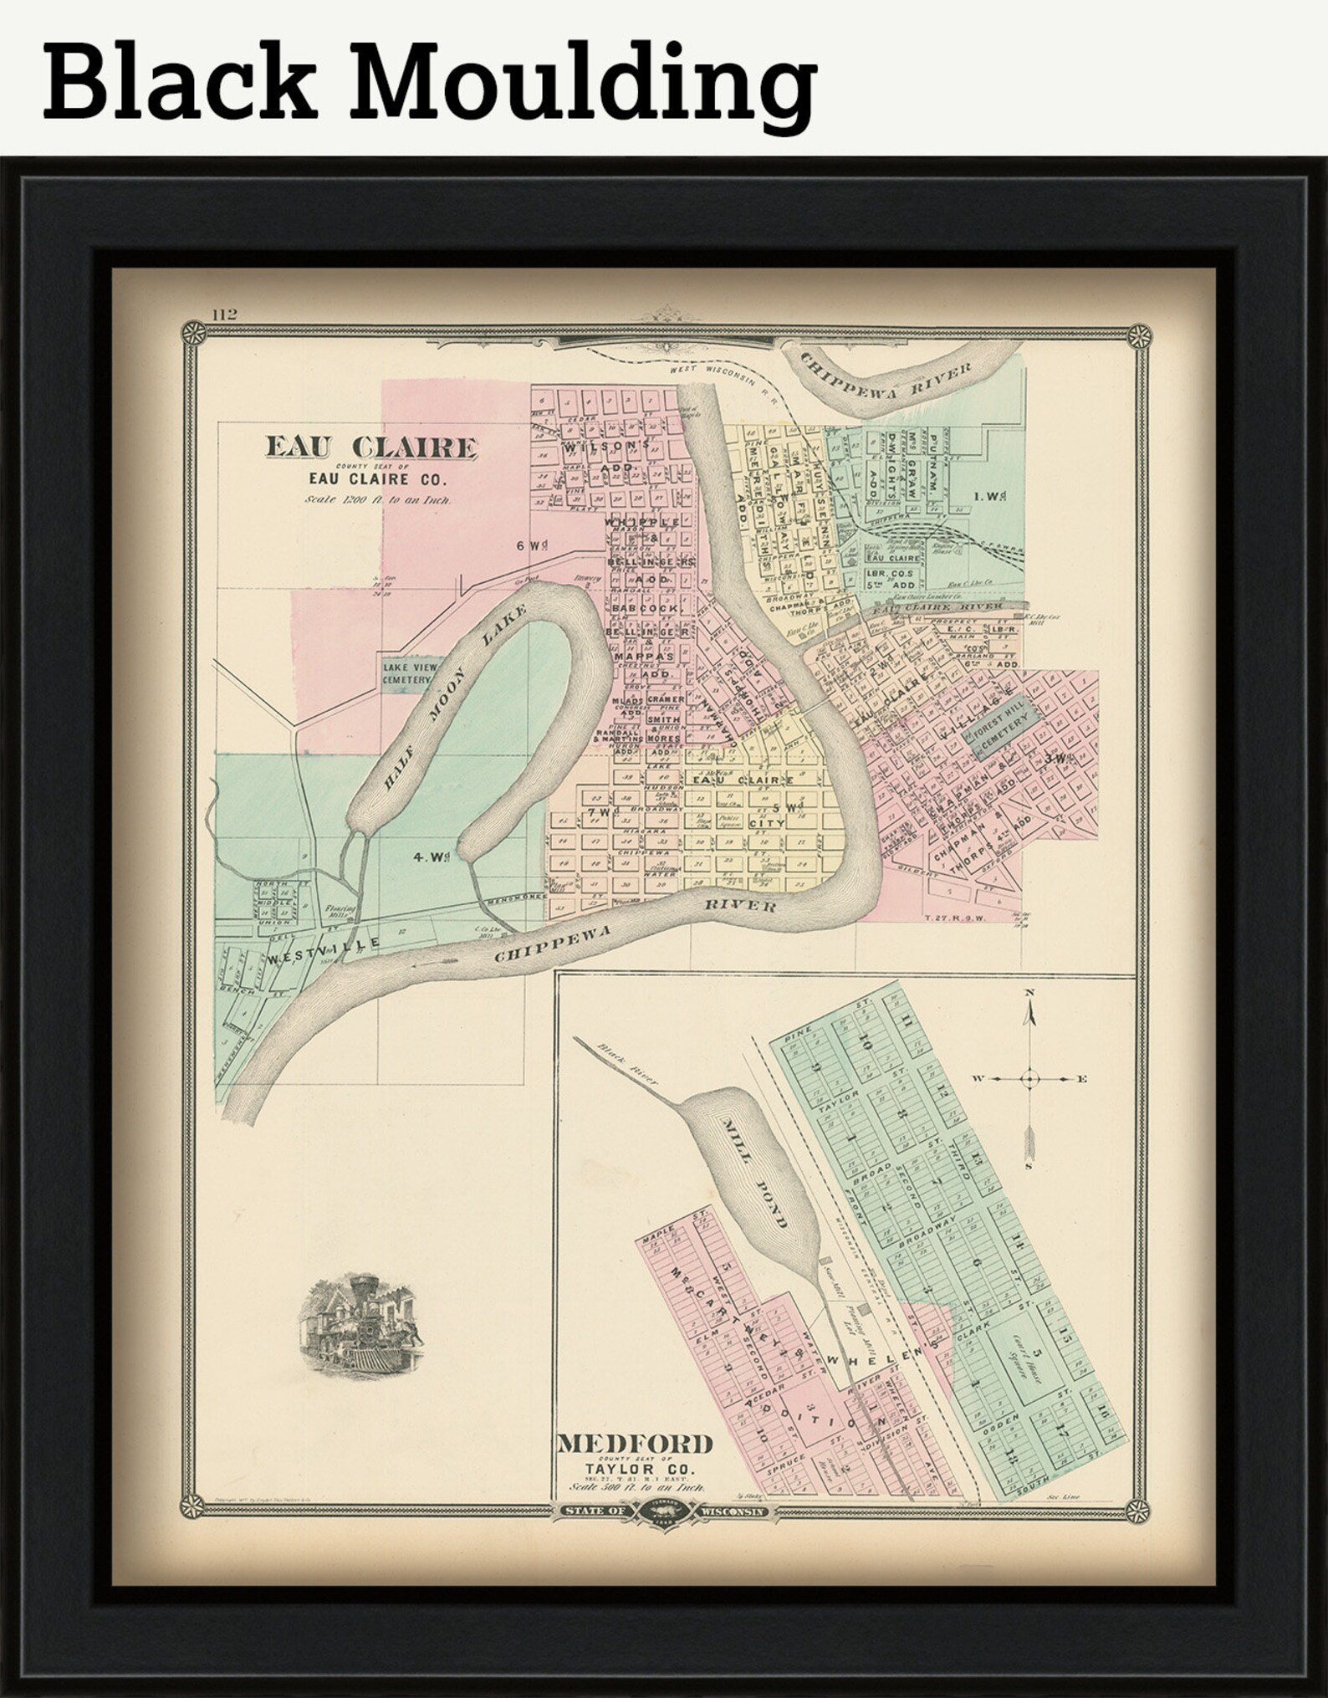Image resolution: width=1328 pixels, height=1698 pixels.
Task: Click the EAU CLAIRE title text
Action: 371,448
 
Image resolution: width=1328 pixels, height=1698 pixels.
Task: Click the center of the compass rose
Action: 1029,1079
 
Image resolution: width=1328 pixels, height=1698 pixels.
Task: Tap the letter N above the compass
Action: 1029,993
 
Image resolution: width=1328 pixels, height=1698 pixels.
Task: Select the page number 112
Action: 224,315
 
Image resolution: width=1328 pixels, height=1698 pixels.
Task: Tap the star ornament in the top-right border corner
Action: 1138,337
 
